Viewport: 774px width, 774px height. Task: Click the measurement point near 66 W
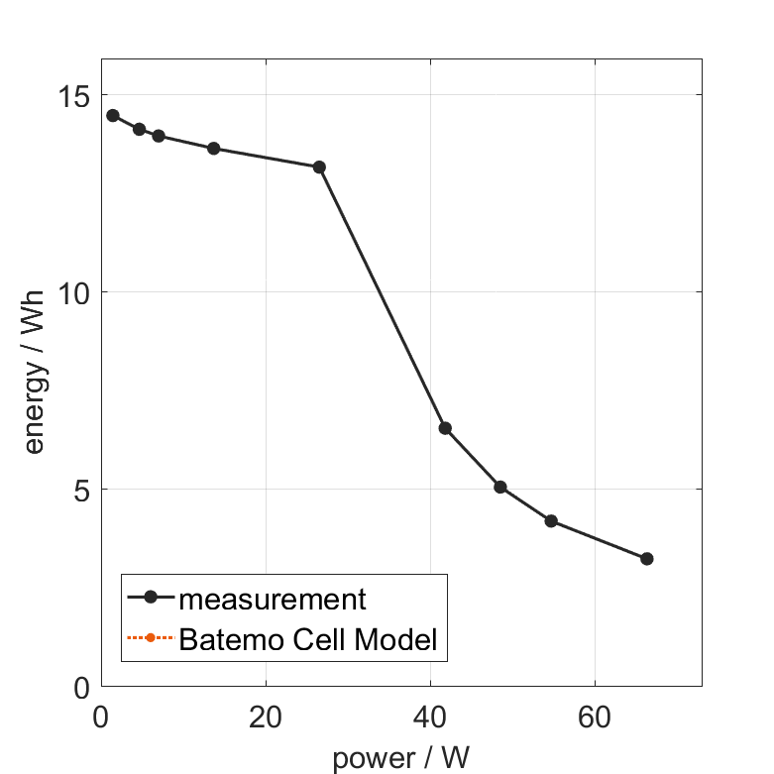pyautogui.click(x=647, y=559)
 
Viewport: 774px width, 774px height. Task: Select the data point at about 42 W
pyautogui.click(x=445, y=428)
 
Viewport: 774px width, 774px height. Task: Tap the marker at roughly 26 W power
pyautogui.click(x=319, y=167)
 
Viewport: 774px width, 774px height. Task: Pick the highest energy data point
pyautogui.click(x=113, y=116)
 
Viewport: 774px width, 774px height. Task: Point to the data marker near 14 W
pyautogui.click(x=213, y=149)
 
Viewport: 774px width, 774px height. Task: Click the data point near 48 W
pyautogui.click(x=500, y=488)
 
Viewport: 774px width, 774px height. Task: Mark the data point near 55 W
pyautogui.click(x=551, y=521)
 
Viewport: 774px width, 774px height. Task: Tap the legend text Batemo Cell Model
pyautogui.click(x=307, y=639)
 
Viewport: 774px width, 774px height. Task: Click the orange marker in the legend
pyautogui.click(x=151, y=637)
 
